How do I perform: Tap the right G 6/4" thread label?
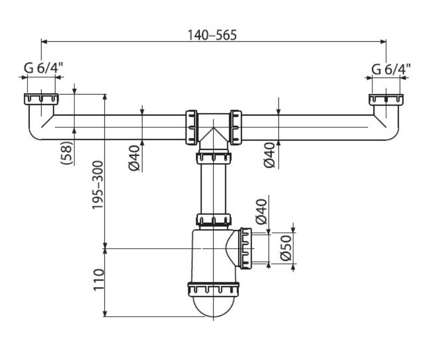pos(391,69)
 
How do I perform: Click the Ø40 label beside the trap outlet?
pos(262,212)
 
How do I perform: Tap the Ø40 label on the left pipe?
pos(134,158)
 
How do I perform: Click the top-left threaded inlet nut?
pos(40,99)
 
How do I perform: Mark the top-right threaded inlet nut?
pos(386,99)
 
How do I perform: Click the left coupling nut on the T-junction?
pos(191,127)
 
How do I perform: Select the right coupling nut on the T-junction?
pos(236,127)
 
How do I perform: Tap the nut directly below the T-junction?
pos(214,157)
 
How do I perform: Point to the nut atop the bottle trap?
pos(214,220)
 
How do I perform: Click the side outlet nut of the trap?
pos(245,248)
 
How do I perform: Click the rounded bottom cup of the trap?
pos(214,308)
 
